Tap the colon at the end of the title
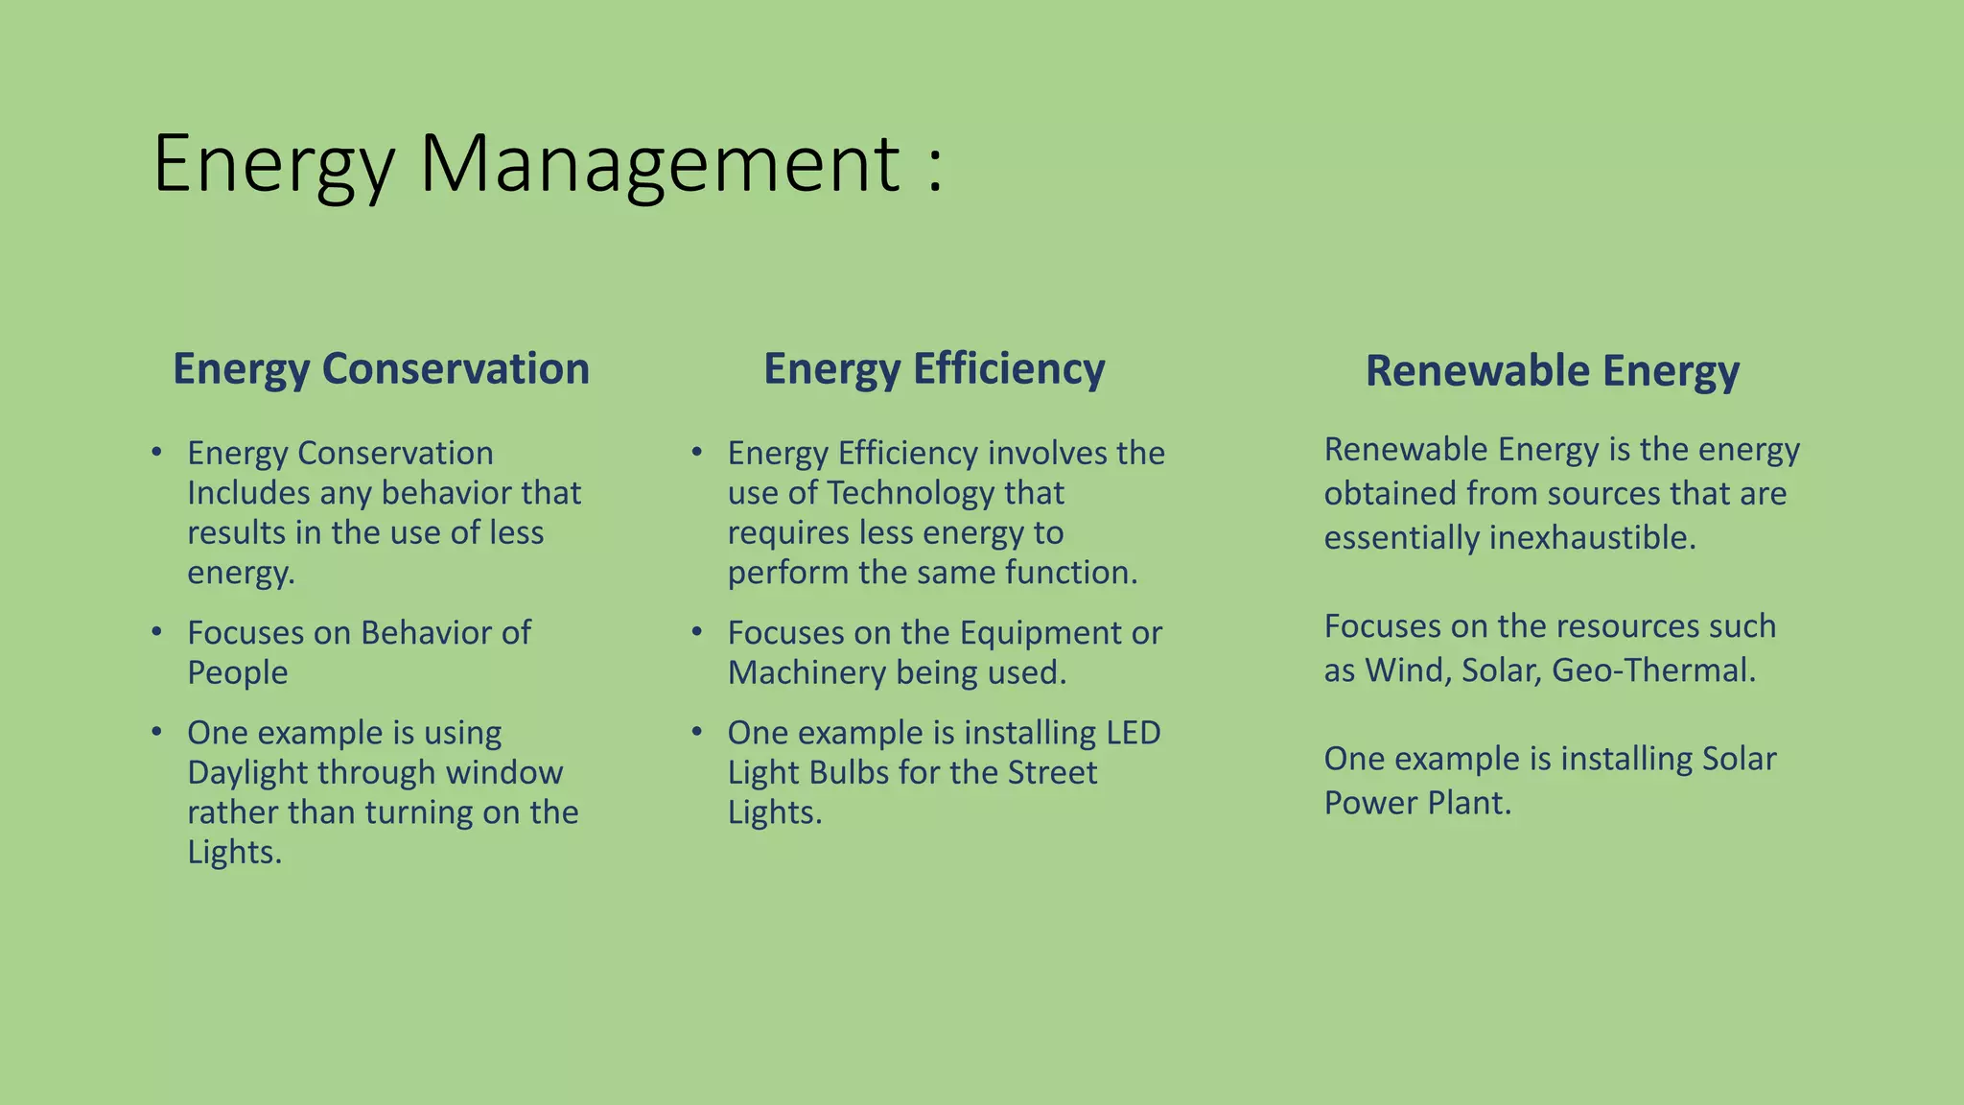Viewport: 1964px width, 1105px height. click(935, 171)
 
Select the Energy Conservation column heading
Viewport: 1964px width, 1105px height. click(381, 369)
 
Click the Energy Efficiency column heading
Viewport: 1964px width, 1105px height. click(934, 369)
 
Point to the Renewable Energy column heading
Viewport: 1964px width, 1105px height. click(1552, 371)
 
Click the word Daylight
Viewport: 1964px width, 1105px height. click(247, 772)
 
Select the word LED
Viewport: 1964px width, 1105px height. click(1133, 733)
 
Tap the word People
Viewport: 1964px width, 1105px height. click(237, 672)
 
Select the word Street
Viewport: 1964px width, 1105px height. click(1051, 772)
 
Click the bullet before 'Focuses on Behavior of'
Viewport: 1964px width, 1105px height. click(156, 632)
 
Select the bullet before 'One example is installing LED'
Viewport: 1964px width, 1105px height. click(697, 732)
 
